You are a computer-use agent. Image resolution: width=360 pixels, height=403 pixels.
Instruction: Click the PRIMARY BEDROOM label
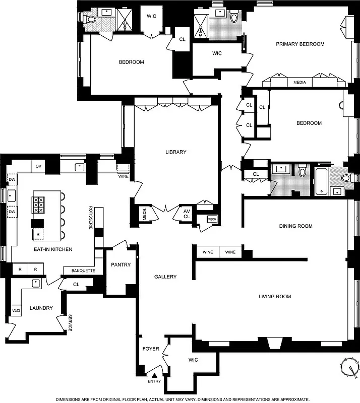[300, 44]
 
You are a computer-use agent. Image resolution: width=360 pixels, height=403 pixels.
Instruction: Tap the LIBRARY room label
[175, 152]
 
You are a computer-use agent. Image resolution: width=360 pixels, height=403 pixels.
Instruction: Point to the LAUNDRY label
[41, 308]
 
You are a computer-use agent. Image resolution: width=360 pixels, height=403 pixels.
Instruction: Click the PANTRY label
[121, 265]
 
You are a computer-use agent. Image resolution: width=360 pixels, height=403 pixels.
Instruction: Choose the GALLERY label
[165, 277]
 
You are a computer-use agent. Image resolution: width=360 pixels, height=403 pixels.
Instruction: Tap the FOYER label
[151, 349]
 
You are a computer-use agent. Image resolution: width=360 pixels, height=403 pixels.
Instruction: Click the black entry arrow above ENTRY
[155, 376]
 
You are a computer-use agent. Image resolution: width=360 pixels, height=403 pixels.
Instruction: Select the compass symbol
[348, 366]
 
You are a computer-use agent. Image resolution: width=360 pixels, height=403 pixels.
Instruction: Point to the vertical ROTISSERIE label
[91, 218]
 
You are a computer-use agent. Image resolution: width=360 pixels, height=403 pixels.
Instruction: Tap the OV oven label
[38, 166]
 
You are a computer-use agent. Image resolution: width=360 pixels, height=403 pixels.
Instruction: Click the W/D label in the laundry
[16, 311]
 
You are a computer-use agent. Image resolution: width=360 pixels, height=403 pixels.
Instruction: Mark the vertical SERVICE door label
[70, 322]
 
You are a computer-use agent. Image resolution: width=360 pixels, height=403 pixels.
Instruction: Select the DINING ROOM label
[295, 226]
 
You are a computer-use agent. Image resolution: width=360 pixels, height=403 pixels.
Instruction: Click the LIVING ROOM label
[275, 297]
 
